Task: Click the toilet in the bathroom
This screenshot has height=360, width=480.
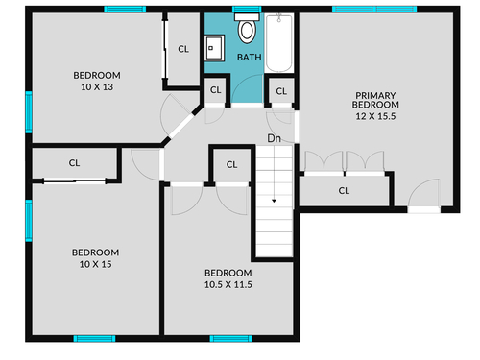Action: (x=247, y=28)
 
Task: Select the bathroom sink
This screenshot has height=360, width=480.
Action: (x=214, y=48)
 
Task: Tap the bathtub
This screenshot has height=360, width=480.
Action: (x=279, y=42)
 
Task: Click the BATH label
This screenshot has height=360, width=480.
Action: (x=250, y=58)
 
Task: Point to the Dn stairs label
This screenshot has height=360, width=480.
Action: (x=274, y=138)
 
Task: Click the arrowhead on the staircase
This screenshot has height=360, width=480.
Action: (x=274, y=201)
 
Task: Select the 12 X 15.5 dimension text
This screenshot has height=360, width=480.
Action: (x=375, y=116)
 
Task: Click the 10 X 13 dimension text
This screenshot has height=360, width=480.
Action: (x=97, y=87)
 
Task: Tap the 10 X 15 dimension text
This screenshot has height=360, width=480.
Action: (x=96, y=264)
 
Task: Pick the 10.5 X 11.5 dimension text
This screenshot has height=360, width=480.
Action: (x=228, y=284)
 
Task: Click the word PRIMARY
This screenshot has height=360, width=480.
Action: (x=375, y=95)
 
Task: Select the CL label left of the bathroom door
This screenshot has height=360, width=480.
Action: (x=216, y=90)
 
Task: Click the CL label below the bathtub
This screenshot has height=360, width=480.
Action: (x=281, y=91)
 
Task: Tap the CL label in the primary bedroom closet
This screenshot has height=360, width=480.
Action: (x=344, y=191)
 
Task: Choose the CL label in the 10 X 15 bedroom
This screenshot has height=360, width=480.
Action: (x=74, y=163)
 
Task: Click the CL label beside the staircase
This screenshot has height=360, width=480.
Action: (x=231, y=165)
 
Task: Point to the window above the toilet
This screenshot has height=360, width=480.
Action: (x=247, y=10)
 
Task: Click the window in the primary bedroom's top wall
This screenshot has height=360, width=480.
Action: (x=374, y=10)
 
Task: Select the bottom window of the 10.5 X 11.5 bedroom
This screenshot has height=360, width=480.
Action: (x=230, y=339)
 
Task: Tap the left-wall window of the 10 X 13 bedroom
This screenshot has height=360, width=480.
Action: (x=29, y=112)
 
